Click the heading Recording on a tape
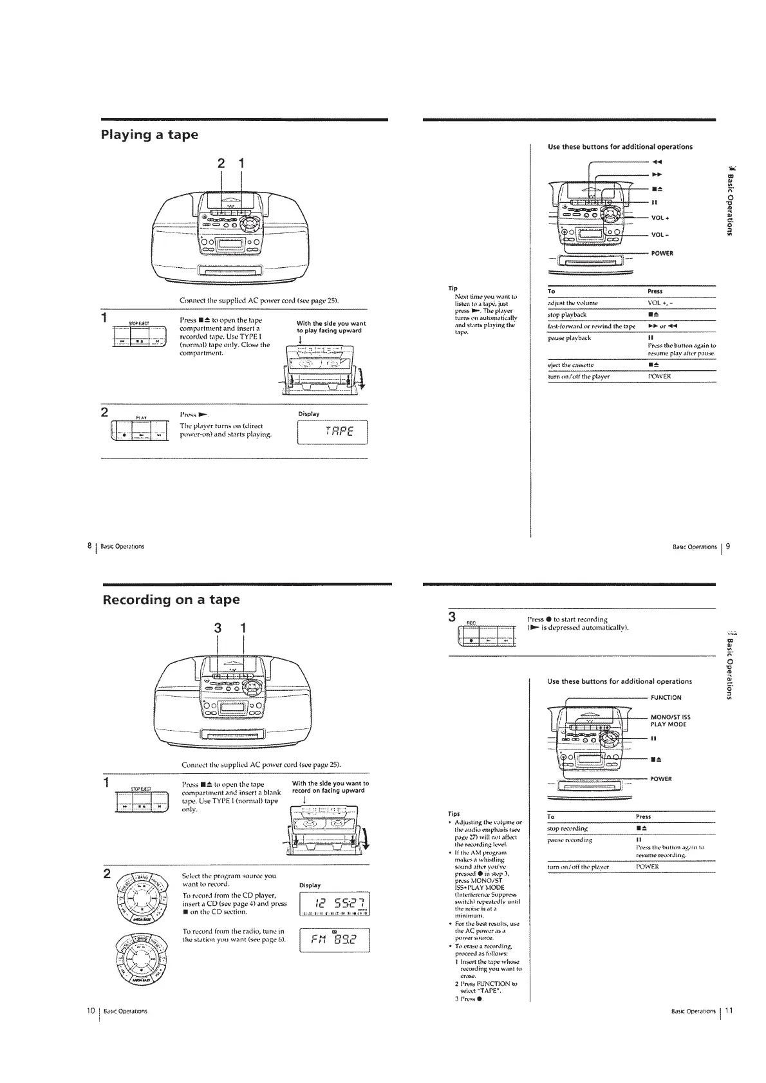tap(171, 600)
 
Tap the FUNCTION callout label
tap(666, 697)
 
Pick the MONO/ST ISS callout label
tap(671, 717)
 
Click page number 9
tap(728, 546)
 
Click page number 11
tap(727, 1010)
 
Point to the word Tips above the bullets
tap(454, 813)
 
